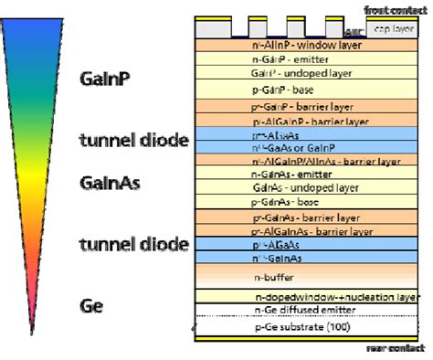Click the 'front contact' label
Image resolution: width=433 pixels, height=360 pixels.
394,9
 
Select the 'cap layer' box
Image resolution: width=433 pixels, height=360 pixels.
400,29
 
